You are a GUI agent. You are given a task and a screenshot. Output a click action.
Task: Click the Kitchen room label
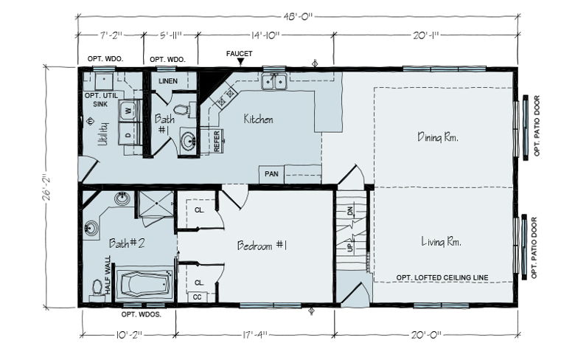pos(258,119)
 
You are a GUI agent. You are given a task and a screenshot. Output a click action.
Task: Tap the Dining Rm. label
pos(438,137)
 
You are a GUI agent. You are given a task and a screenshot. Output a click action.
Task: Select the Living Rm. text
pos(441,241)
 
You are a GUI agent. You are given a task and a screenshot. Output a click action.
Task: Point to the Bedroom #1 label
pos(262,245)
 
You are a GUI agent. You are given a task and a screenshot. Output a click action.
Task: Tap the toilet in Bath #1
pos(182,110)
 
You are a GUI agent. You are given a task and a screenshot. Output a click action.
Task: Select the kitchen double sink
pos(274,81)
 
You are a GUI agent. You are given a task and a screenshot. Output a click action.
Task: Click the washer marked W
pos(129,110)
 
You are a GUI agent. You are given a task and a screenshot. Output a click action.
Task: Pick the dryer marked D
pos(129,135)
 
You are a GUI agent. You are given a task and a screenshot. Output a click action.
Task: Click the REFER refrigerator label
pos(216,141)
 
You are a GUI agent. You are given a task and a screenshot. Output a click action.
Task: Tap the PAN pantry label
pos(272,173)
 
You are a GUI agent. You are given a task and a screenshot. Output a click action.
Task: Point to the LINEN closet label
pos(168,80)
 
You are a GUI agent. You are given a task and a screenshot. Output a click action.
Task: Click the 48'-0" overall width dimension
pos(297,16)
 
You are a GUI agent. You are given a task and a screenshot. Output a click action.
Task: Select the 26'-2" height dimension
pos(46,187)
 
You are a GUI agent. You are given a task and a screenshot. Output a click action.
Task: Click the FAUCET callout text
pos(239,54)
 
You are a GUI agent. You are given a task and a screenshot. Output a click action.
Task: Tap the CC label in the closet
pos(198,297)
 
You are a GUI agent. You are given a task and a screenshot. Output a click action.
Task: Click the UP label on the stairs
pos(350,247)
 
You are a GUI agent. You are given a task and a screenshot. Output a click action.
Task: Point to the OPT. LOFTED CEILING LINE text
pos(442,278)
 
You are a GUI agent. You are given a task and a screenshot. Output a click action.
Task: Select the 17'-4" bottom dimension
pos(255,335)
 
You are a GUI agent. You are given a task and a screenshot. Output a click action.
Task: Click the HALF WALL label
pos(108,275)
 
